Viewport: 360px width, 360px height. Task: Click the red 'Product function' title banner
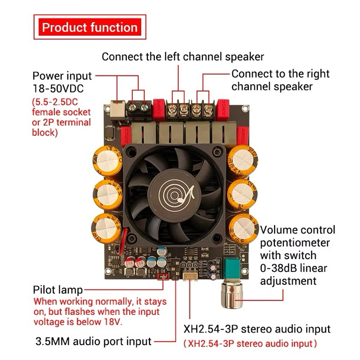(90, 27)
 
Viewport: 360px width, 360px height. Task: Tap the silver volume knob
(232, 295)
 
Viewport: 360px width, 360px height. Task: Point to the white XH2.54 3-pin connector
(190, 275)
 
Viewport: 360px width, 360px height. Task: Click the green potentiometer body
(231, 269)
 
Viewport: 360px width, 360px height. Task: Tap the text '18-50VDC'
(58, 89)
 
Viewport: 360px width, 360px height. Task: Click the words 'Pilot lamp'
(58, 290)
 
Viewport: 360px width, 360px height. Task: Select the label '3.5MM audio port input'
(94, 342)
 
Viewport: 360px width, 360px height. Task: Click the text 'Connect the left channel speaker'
(183, 57)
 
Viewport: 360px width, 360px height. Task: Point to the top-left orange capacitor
(108, 161)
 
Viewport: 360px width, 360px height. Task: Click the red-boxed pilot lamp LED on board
(163, 277)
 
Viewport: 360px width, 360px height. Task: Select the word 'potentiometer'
(295, 243)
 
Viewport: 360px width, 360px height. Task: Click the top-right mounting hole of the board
(245, 108)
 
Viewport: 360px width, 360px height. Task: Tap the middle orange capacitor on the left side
(108, 195)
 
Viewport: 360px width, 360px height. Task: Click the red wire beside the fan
(123, 242)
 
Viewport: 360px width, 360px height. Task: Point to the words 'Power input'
(62, 76)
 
